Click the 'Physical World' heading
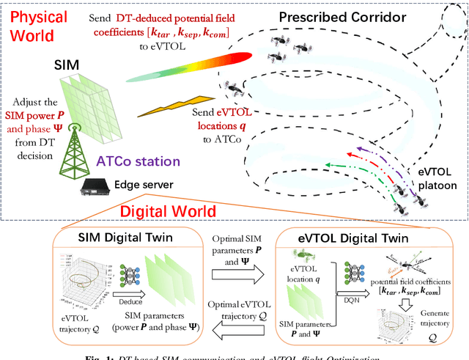click(38, 26)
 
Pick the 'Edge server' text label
click(143, 185)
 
